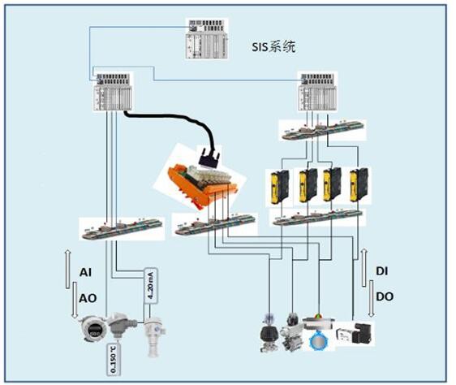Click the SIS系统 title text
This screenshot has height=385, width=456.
click(273, 46)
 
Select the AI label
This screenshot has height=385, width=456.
click(85, 273)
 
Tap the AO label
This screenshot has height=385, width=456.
click(88, 299)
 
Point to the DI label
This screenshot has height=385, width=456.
click(382, 271)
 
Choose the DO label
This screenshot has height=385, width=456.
click(385, 296)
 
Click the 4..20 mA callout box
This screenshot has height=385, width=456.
click(151, 285)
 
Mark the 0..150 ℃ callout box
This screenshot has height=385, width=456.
click(114, 359)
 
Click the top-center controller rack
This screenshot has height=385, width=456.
click(206, 39)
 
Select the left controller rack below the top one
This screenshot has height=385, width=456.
click(113, 92)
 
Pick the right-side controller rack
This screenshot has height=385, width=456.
click(317, 92)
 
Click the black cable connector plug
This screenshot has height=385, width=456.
click(209, 158)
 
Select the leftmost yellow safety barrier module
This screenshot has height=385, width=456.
click(280, 186)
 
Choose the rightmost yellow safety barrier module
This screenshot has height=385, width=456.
click(359, 185)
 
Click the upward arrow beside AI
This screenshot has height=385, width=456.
click(67, 269)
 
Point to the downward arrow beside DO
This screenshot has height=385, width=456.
click(372, 299)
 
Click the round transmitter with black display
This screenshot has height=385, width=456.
click(93, 329)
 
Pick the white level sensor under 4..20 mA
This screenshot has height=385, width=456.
click(154, 336)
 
